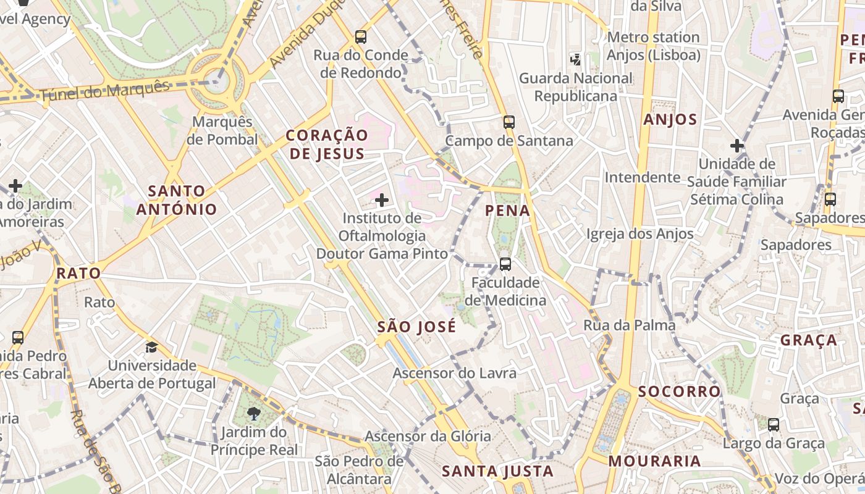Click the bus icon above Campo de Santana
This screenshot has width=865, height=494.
(509, 122)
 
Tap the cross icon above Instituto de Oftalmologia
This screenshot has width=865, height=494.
(382, 199)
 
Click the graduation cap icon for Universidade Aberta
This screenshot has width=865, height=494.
(151, 347)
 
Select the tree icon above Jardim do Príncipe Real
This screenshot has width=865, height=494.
(253, 413)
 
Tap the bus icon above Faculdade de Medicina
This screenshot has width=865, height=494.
(505, 264)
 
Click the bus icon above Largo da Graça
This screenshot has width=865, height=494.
(774, 425)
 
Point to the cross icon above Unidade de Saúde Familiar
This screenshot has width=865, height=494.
(736, 146)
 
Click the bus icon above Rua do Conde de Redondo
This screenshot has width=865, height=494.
(361, 36)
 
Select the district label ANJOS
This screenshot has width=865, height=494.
(670, 120)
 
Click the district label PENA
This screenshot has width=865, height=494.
(508, 211)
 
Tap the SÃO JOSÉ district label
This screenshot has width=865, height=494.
(416, 327)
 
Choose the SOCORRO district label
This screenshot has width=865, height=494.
(679, 391)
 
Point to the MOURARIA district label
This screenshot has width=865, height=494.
(654, 461)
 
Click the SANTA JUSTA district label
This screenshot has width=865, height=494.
(497, 472)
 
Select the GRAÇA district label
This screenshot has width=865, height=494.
(808, 340)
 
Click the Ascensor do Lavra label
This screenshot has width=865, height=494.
(454, 373)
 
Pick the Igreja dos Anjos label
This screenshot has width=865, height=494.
(639, 234)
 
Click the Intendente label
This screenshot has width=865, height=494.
(642, 178)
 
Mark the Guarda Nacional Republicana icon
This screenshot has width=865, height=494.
(575, 59)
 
